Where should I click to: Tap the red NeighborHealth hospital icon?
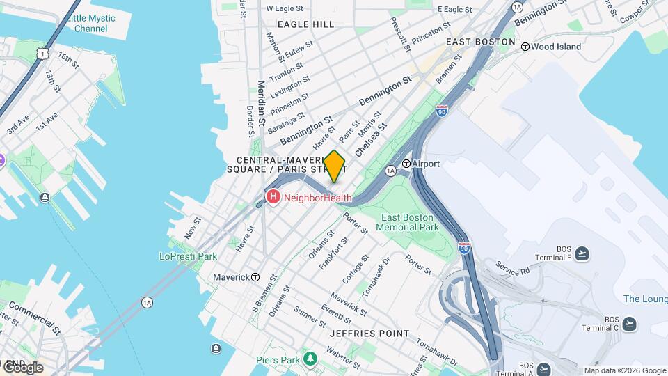273,198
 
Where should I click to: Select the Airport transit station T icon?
406,164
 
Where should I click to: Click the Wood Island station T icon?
525,47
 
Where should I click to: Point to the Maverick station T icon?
255,277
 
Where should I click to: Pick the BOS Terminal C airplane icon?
629,324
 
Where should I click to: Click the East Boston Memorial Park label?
410,222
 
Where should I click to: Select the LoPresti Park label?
188,256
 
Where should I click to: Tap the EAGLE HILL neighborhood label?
305,24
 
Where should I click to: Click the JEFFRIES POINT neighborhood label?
369,334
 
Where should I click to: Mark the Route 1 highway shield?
44,53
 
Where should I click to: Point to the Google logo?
22,367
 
